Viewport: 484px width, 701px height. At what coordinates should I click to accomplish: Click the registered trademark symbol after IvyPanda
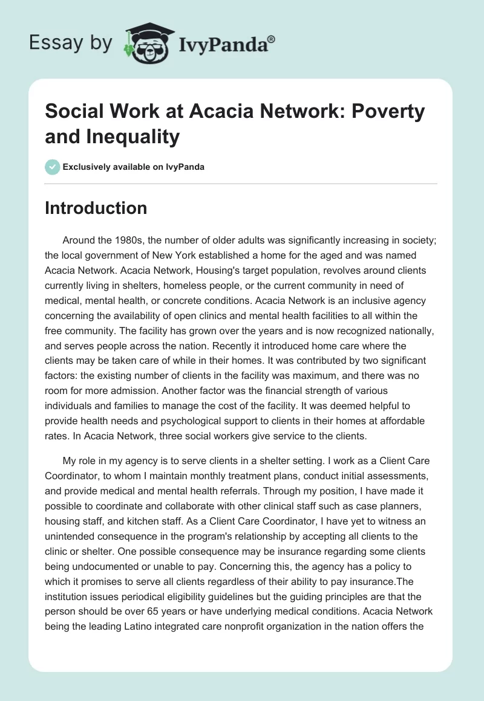(x=272, y=39)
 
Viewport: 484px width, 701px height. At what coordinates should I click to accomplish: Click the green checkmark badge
(x=52, y=167)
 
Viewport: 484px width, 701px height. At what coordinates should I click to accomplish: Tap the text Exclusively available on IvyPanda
(x=133, y=167)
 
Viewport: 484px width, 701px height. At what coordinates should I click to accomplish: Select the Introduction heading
(x=96, y=208)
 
